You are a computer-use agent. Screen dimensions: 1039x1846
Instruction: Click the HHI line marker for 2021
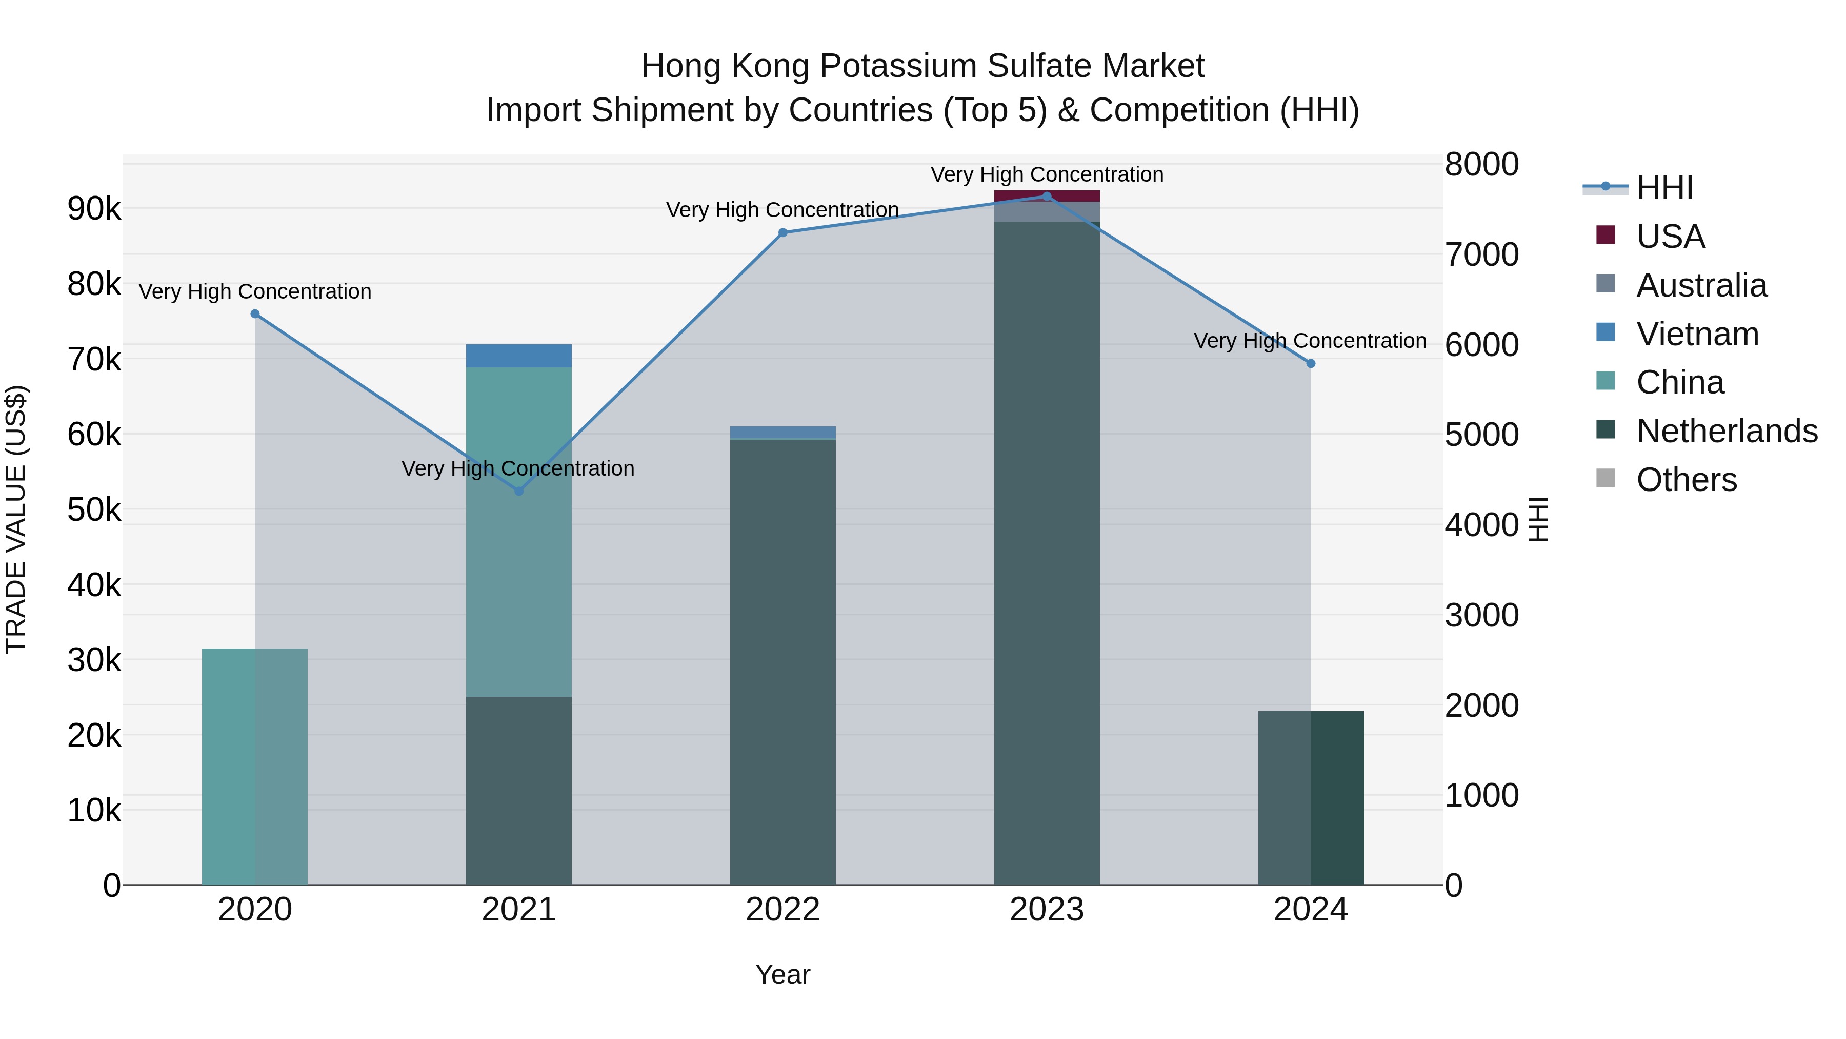pos(519,491)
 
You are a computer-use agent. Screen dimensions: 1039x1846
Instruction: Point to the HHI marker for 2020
pos(255,314)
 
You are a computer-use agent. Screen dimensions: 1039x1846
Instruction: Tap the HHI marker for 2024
pos(1311,364)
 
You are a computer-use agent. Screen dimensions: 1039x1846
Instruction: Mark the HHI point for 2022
pos(782,233)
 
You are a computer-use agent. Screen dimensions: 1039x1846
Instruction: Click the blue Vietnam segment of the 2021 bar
pos(519,356)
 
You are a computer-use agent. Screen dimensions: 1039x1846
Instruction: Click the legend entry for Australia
pos(1701,285)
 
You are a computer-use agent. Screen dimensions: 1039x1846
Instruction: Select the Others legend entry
pos(1686,480)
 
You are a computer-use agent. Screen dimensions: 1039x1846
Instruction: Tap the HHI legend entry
pos(1664,188)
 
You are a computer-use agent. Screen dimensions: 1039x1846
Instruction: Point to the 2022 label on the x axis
pos(782,910)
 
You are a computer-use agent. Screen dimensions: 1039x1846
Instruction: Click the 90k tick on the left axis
pos(94,209)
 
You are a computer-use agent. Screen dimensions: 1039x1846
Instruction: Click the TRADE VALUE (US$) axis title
pos(16,519)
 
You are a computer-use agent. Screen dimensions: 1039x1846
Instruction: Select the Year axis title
pos(782,974)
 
